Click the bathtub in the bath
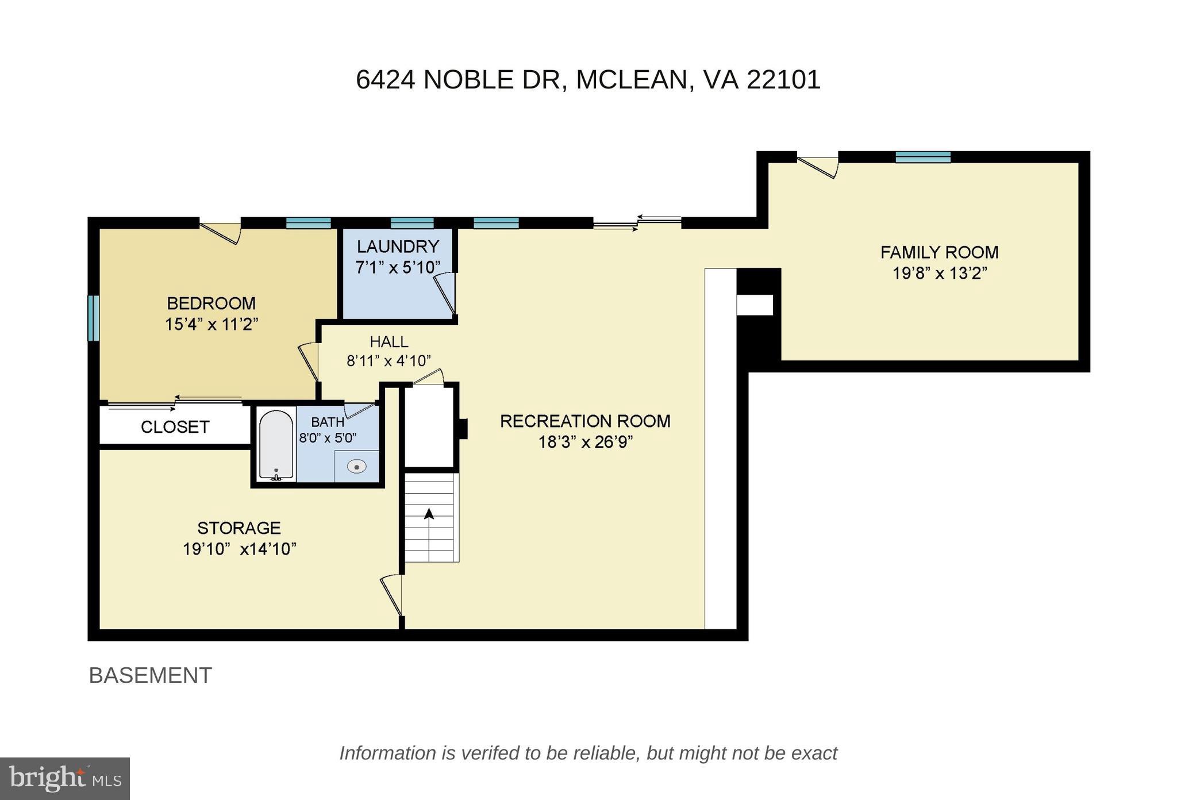pyautogui.click(x=276, y=445)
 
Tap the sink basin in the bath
pyautogui.click(x=356, y=466)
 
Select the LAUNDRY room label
pyautogui.click(x=398, y=247)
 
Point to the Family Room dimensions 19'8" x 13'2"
pyautogui.click(x=940, y=273)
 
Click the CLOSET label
pyautogui.click(x=175, y=427)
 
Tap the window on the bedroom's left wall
pyautogui.click(x=93, y=318)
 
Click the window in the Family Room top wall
pyautogui.click(x=923, y=157)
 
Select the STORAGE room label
pyautogui.click(x=239, y=528)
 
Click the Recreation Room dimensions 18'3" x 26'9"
pyautogui.click(x=585, y=443)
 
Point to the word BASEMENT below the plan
pyautogui.click(x=151, y=675)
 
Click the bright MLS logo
pyautogui.click(x=65, y=778)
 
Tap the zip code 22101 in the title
pyautogui.click(x=783, y=79)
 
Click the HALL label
pyautogui.click(x=389, y=342)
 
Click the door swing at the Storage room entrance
pyautogui.click(x=391, y=595)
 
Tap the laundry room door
pyautogui.click(x=445, y=294)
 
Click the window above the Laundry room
pyautogui.click(x=412, y=223)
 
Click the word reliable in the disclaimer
pyautogui.click(x=607, y=753)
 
